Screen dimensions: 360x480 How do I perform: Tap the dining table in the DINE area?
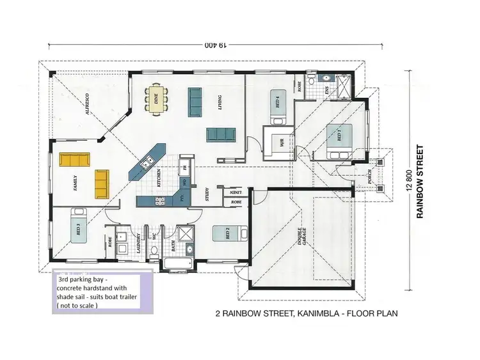point(156,99)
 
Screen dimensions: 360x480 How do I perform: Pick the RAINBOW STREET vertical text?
point(420,181)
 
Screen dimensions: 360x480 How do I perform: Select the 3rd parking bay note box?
point(100,293)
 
